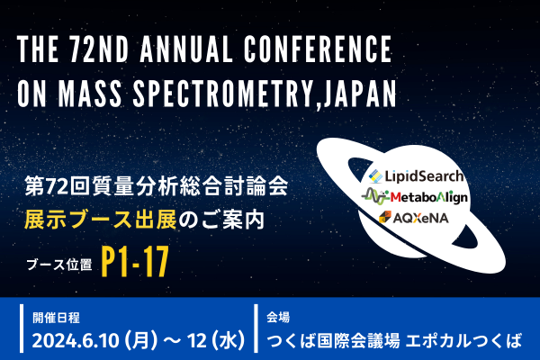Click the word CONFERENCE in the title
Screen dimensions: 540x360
(x=319, y=49)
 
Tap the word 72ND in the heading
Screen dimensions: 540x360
(x=99, y=49)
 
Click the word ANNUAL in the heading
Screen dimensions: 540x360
(x=186, y=49)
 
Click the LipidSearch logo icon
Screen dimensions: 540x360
(x=375, y=176)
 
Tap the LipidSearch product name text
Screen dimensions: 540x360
(x=424, y=176)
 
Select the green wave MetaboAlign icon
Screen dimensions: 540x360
(x=375, y=197)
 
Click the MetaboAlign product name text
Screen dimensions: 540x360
(x=429, y=197)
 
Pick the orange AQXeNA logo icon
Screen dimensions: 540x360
(x=385, y=217)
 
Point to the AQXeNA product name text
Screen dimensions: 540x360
(x=420, y=218)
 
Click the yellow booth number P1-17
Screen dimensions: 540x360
(x=135, y=262)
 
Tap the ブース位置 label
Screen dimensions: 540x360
(x=59, y=265)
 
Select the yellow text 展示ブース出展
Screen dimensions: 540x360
(x=100, y=220)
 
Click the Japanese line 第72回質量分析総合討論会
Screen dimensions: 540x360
(x=157, y=186)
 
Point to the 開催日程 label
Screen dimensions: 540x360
(x=56, y=318)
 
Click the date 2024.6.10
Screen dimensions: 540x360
(x=76, y=341)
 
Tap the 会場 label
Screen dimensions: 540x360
(x=278, y=318)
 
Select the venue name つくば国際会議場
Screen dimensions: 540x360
(x=333, y=341)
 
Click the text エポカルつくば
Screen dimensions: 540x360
(x=463, y=341)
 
